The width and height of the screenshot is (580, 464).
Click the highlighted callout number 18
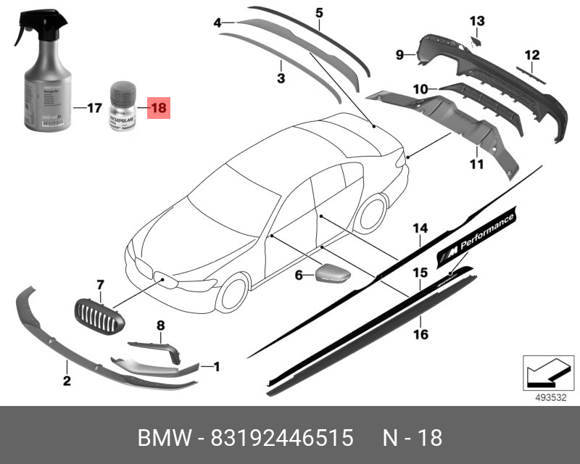point(158,109)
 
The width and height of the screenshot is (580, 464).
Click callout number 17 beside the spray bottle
point(94,109)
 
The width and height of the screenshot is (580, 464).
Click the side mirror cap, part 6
point(331,275)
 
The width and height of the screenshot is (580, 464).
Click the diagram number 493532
point(551,397)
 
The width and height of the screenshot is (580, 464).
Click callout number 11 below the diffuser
point(476,165)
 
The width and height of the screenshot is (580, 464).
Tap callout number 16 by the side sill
point(420,334)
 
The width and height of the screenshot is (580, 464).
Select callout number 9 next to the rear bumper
point(399,54)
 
